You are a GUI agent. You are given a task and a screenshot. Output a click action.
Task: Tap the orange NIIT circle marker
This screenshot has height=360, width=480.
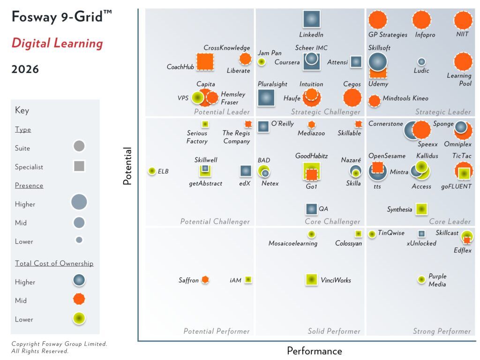pos(463,20)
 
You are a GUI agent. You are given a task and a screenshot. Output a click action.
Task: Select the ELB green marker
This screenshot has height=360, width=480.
pos(151,171)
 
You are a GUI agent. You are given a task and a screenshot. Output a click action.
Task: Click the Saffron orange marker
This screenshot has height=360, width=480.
pos(205,280)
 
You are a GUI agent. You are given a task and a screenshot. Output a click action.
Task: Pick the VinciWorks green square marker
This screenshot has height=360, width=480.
pos(311,280)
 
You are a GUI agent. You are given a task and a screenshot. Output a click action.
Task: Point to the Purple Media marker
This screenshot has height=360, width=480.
pos(421,280)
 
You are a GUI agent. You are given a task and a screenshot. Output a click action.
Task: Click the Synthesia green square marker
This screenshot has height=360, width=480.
pos(421,209)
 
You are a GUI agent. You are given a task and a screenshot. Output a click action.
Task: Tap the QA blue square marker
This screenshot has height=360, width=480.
pos(311,209)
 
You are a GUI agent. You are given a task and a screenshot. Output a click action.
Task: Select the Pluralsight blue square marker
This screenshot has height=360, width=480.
pos(266,97)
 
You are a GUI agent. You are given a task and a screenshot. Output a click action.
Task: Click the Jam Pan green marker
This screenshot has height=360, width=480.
pos(262,61)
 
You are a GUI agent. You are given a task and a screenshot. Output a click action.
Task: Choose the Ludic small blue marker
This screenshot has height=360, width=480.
pos(421,61)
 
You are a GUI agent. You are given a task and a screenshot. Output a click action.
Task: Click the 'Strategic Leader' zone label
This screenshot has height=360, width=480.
pos(442,112)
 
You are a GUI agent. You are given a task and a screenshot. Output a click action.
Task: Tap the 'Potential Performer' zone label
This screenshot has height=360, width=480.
pos(216,331)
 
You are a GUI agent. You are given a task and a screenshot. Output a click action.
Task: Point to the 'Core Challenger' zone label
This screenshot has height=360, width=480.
pos(332,222)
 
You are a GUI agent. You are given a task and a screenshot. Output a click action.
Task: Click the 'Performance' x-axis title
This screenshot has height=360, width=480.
pos(314,351)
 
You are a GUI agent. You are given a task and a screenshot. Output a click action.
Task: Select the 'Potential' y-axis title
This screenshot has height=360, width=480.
pos(127,166)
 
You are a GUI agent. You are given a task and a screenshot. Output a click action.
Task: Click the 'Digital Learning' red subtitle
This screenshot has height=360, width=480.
pos(57,44)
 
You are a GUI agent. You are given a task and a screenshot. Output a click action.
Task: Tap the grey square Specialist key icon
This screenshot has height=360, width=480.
pos(79,166)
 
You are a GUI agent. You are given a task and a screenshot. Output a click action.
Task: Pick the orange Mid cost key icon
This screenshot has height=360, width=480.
pos(79,300)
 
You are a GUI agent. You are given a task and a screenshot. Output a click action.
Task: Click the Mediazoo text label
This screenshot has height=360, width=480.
pos(312,133)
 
